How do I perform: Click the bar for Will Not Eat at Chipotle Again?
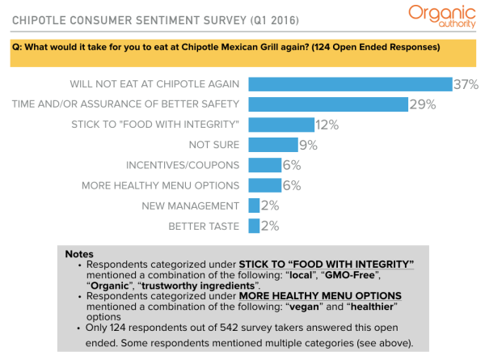[x=349, y=84]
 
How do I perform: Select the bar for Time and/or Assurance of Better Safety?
[x=327, y=104]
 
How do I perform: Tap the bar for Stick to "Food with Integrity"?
[x=270, y=125]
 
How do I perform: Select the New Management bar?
[x=253, y=205]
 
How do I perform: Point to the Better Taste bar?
[x=253, y=226]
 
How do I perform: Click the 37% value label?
[x=466, y=84]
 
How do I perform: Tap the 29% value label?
[x=422, y=104]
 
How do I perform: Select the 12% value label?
[x=304, y=125]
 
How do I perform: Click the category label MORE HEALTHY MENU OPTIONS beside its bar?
[x=160, y=185]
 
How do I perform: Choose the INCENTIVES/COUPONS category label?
[x=182, y=165]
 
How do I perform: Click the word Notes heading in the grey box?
[x=78, y=254]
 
